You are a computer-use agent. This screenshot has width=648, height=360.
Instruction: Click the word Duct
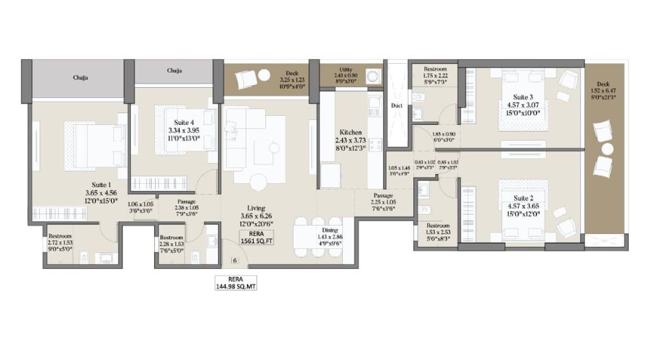coord(396,106)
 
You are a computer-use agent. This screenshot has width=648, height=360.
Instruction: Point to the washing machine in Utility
coord(374,76)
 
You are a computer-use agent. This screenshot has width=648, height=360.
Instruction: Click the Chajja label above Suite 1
coord(80,77)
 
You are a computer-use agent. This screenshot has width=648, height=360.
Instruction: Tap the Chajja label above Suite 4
coord(174,70)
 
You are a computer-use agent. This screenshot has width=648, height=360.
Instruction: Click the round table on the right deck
coord(606,148)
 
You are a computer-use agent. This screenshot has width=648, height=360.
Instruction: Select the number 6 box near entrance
coord(235,261)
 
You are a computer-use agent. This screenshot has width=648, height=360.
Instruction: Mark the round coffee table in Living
coord(258,182)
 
